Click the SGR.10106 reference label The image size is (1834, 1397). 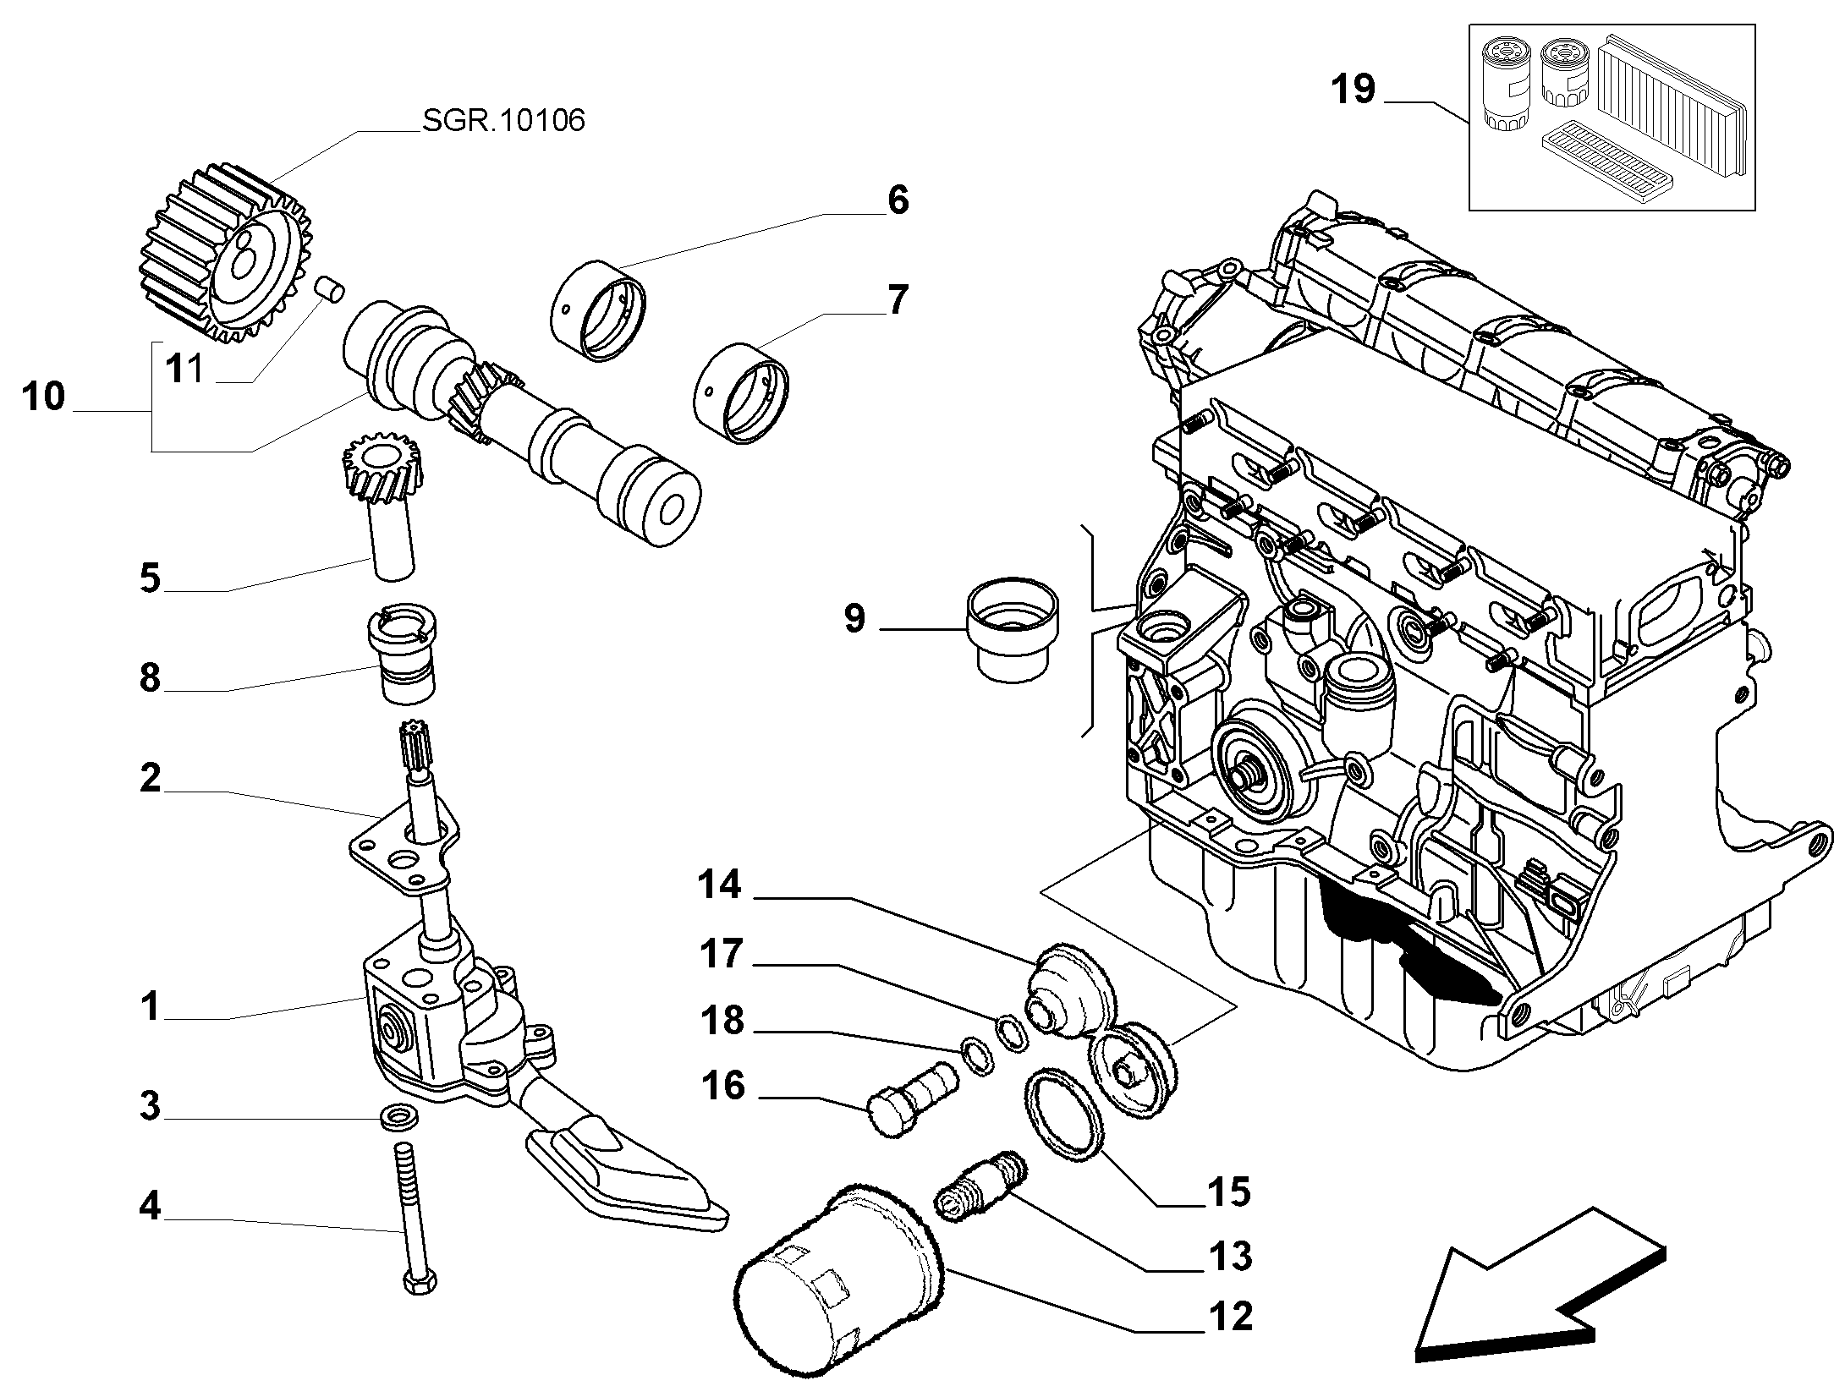(x=503, y=121)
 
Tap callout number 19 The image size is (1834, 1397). (x=1354, y=90)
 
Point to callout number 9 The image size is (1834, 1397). (x=855, y=619)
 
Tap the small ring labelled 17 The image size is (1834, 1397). (x=1011, y=1034)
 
